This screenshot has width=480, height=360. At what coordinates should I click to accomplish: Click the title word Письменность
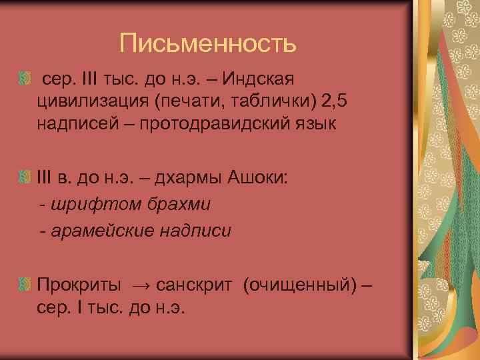tap(207, 45)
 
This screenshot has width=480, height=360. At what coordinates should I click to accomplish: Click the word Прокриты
tap(79, 286)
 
